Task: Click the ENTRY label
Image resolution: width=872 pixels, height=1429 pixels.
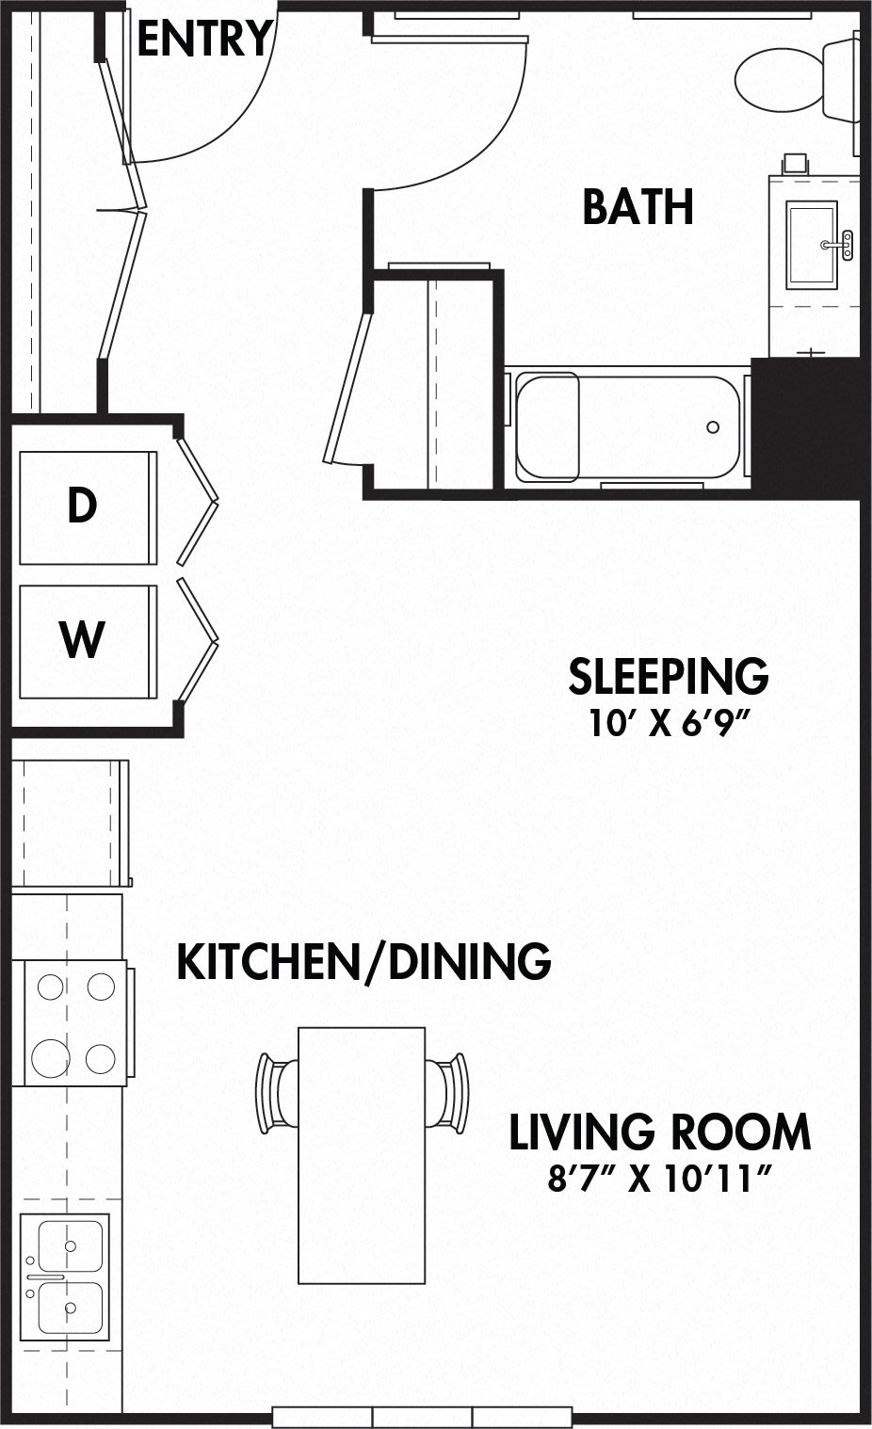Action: [x=205, y=39]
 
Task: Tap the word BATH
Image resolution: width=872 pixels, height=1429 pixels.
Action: [x=638, y=207]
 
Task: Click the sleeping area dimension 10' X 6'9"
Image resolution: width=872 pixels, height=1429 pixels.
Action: [x=668, y=723]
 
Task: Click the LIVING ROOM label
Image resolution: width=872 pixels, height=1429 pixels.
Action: [x=659, y=1132]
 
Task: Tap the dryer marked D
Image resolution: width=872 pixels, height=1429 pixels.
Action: [x=89, y=507]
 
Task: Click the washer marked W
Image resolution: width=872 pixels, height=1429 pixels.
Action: [x=89, y=641]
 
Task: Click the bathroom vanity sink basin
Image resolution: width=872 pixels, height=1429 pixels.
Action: [x=812, y=245]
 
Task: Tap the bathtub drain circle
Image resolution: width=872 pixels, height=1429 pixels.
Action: [x=713, y=427]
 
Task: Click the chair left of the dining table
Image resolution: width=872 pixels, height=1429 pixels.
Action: [x=277, y=1094]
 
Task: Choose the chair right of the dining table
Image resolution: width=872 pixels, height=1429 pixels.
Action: [x=447, y=1094]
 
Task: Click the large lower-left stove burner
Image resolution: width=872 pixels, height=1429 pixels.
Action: [x=51, y=1058]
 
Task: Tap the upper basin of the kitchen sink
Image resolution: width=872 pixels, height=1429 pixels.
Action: [x=71, y=1246]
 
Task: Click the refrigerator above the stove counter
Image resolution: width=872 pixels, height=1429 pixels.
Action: [x=71, y=823]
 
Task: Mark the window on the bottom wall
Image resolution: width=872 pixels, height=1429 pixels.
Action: [x=422, y=1416]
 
